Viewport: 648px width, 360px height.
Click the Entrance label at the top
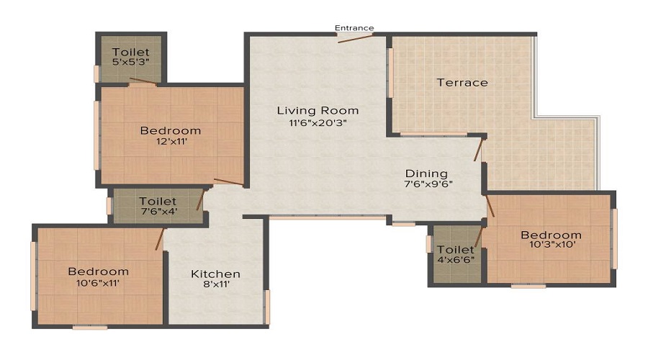tap(354, 28)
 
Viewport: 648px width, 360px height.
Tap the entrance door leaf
tap(356, 38)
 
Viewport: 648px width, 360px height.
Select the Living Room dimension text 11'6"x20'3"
tap(318, 122)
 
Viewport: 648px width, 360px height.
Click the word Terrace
tap(462, 83)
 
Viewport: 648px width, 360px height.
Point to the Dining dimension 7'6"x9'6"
tap(428, 184)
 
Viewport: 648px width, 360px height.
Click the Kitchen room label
tap(215, 274)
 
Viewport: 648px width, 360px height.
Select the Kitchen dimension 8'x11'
tap(216, 284)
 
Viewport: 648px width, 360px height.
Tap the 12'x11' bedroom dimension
tap(171, 141)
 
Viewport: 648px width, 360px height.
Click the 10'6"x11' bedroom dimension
tap(98, 283)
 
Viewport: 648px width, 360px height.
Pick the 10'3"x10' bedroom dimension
tap(552, 244)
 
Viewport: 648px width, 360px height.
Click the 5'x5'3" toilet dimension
tap(130, 62)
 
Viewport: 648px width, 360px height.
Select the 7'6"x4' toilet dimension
tap(158, 212)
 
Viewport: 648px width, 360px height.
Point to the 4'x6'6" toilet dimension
tap(456, 260)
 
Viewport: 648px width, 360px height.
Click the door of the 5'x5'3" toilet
tap(143, 81)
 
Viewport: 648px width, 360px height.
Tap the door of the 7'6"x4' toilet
tap(200, 200)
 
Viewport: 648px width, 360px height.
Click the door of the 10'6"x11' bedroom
tap(160, 239)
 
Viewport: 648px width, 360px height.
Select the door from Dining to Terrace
tap(478, 150)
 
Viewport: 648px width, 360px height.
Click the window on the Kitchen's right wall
tap(267, 307)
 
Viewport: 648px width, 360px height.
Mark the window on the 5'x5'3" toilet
tap(96, 74)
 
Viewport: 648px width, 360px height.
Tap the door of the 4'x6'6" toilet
tap(479, 237)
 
